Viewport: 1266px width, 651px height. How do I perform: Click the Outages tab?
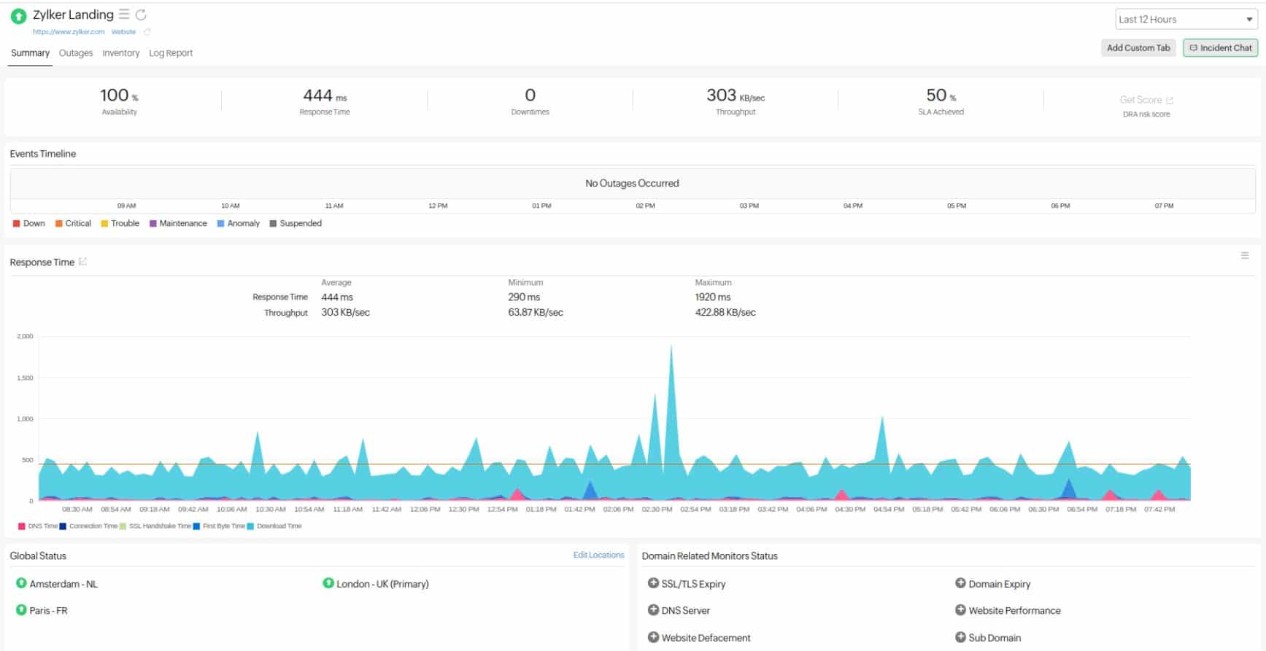pyautogui.click(x=76, y=53)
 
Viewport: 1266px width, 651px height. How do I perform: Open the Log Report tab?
pyautogui.click(x=171, y=53)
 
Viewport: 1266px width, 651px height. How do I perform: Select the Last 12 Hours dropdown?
pyautogui.click(x=1185, y=20)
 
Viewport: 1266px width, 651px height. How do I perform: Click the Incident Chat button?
pyautogui.click(x=1221, y=48)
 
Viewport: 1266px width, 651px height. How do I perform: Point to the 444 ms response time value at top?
pyautogui.click(x=324, y=95)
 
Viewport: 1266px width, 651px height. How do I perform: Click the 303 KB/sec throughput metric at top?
pyautogui.click(x=735, y=95)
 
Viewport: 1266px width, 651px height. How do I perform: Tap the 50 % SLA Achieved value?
pyautogui.click(x=941, y=95)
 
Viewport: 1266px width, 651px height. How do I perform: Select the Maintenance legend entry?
pyautogui.click(x=182, y=224)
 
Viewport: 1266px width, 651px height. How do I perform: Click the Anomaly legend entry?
pyautogui.click(x=243, y=224)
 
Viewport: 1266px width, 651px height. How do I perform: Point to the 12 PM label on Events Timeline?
pyautogui.click(x=438, y=206)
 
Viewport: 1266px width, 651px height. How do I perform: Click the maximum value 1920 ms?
pyautogui.click(x=712, y=297)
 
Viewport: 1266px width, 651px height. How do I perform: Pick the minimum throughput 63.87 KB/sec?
pyautogui.click(x=535, y=313)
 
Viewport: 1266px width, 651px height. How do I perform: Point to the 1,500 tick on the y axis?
pyautogui.click(x=25, y=378)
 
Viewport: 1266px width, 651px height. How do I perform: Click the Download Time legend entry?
pyautogui.click(x=279, y=526)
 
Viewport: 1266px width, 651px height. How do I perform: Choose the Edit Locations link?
pyautogui.click(x=598, y=556)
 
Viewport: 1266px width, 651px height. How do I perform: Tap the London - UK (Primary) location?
pyautogui.click(x=382, y=584)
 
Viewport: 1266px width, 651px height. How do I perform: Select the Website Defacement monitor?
pyautogui.click(x=706, y=638)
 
